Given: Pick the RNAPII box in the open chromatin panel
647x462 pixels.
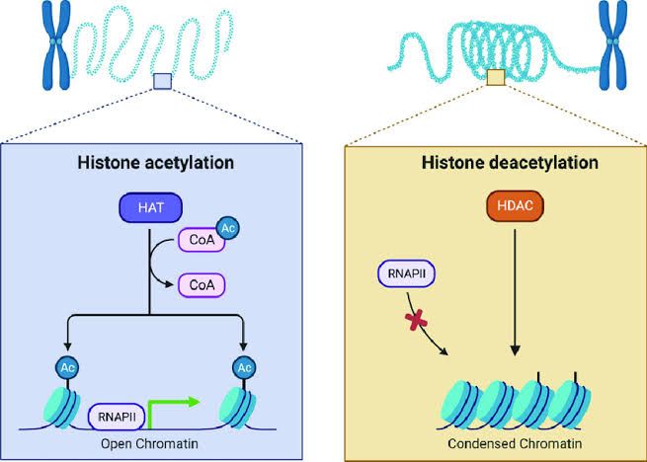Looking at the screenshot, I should point(116,417).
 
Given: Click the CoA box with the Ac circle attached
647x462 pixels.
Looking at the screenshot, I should point(198,240).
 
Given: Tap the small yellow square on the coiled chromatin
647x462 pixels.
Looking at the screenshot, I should point(497,77).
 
